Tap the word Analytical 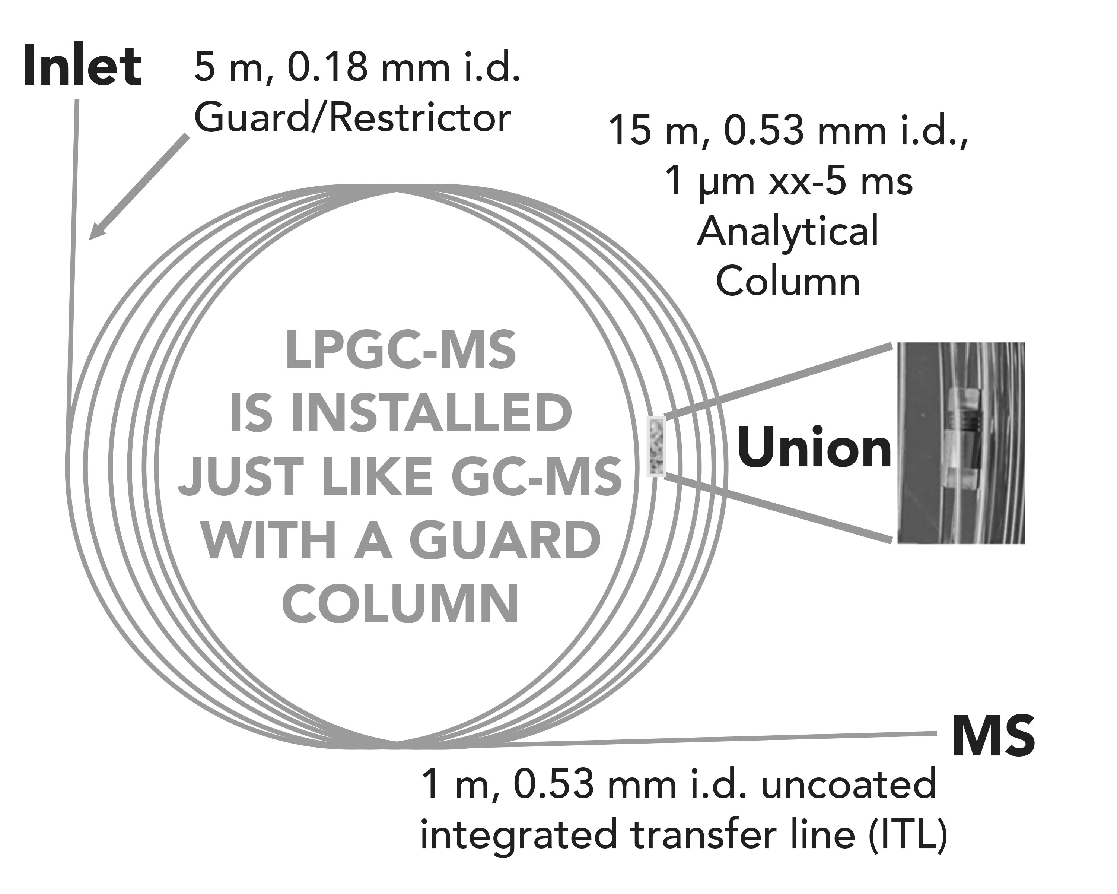pos(787,232)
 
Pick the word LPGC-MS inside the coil pos(401,351)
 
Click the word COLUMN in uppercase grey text pos(401,603)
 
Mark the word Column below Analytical pos(787,282)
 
